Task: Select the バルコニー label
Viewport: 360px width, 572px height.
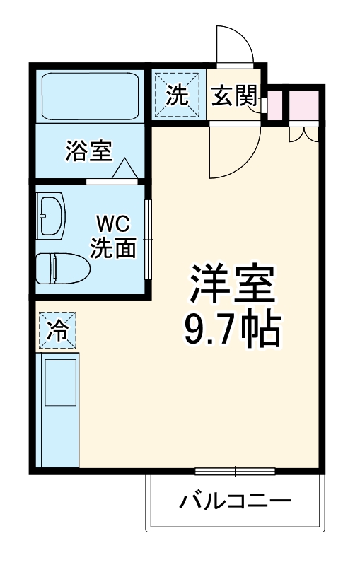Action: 235,503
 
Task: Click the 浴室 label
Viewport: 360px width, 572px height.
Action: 88,151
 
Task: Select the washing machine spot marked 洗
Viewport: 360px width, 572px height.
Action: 178,95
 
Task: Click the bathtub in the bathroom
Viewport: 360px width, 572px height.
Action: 89,95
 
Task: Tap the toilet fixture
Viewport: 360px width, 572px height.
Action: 62,268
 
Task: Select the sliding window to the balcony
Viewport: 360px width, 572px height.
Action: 225,471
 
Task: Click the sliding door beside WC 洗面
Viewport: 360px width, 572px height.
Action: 148,240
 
